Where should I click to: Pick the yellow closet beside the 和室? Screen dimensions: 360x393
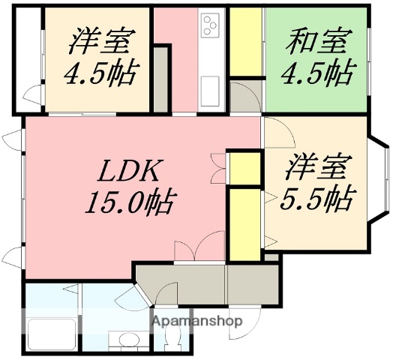244,41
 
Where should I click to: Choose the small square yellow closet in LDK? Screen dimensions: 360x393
243,169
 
